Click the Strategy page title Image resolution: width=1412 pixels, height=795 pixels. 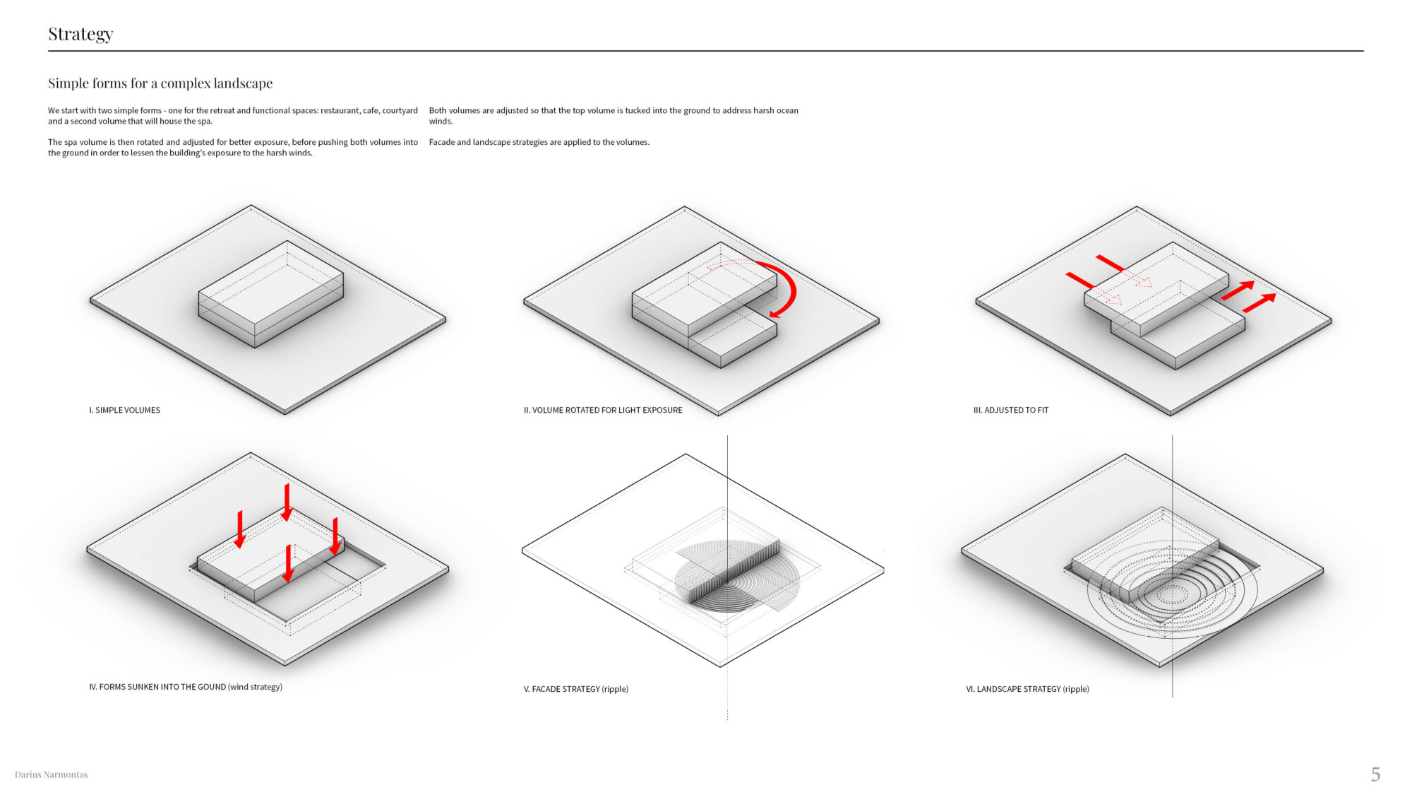80,34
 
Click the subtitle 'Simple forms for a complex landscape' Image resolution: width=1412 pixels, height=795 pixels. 160,83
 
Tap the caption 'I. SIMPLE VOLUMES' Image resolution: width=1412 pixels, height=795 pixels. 125,410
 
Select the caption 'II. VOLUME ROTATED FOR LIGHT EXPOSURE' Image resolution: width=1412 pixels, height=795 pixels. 603,410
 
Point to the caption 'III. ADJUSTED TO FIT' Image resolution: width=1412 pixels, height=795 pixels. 1011,410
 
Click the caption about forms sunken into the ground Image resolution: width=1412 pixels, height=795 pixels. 186,687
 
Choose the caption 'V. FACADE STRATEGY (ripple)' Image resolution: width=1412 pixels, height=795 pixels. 576,689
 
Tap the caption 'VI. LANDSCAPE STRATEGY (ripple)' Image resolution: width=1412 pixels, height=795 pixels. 1027,689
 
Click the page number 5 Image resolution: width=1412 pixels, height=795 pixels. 1375,775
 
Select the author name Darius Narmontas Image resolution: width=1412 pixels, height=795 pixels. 51,775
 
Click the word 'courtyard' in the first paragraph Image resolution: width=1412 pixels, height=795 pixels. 400,110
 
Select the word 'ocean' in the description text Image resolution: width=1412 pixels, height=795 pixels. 787,110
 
